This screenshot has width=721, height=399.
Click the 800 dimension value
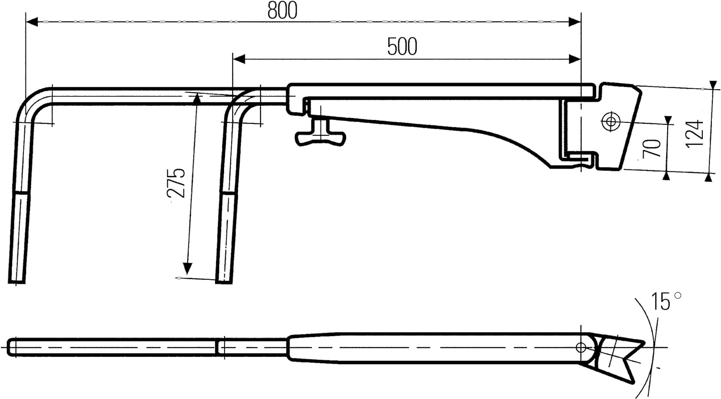282,11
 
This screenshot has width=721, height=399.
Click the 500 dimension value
402,47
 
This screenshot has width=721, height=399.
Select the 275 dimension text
177,182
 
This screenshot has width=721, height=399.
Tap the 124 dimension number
695,134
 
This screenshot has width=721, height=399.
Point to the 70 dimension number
652,148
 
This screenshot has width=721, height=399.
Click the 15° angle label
665,302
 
